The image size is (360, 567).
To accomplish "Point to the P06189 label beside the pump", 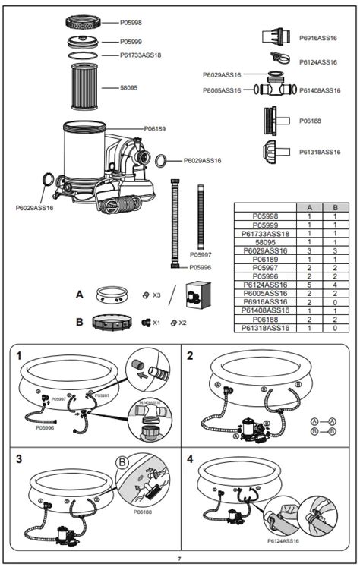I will click(155, 129).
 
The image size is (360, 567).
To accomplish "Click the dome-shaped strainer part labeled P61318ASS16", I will click(274, 151).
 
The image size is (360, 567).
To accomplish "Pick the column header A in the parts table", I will click(309, 207).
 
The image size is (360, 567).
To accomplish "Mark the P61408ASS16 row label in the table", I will click(265, 310).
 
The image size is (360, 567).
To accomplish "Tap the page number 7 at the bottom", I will click(180, 558).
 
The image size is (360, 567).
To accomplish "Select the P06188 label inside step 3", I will click(142, 512).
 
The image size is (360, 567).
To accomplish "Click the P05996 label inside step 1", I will click(45, 427).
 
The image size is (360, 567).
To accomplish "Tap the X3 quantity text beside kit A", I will click(156, 295).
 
